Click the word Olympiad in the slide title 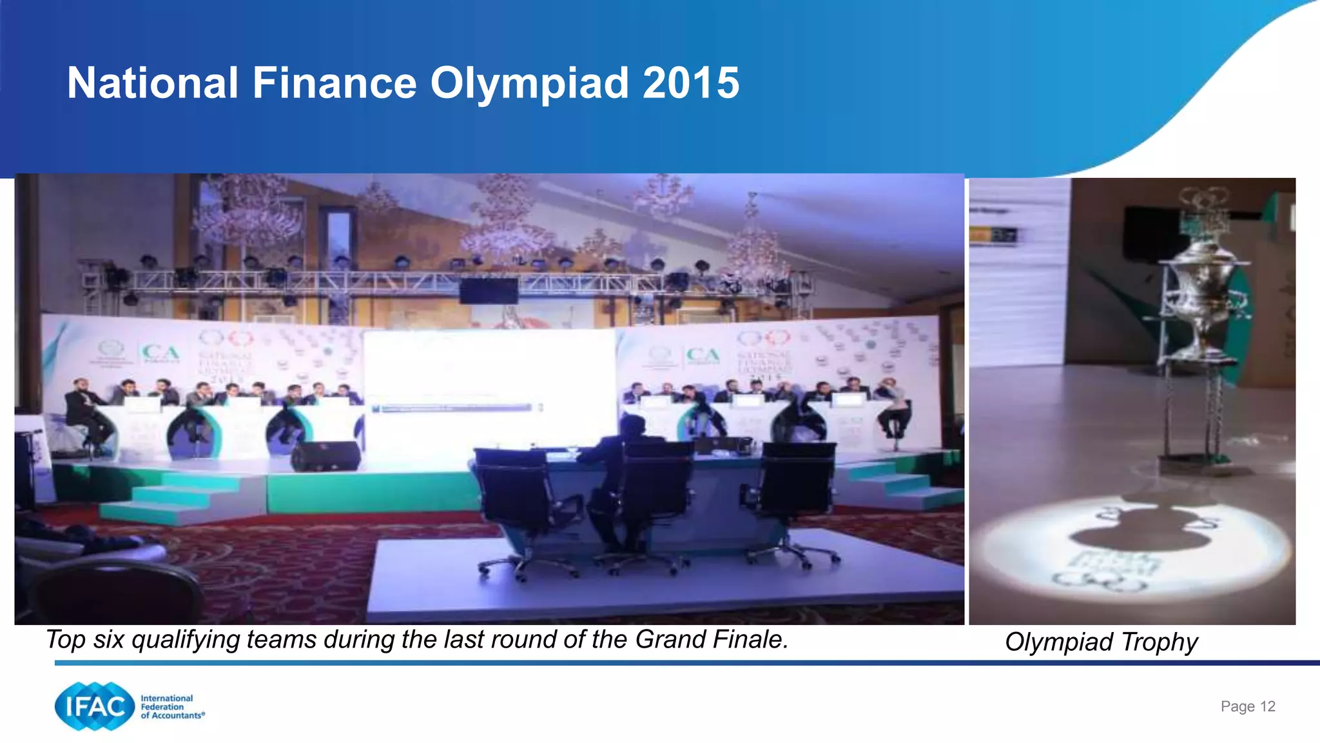(x=529, y=84)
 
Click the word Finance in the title (x=334, y=84)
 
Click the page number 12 (x=1267, y=706)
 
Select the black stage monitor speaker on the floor (x=325, y=456)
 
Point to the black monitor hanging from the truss (x=489, y=291)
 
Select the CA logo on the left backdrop (x=160, y=353)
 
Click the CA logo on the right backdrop (x=703, y=355)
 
